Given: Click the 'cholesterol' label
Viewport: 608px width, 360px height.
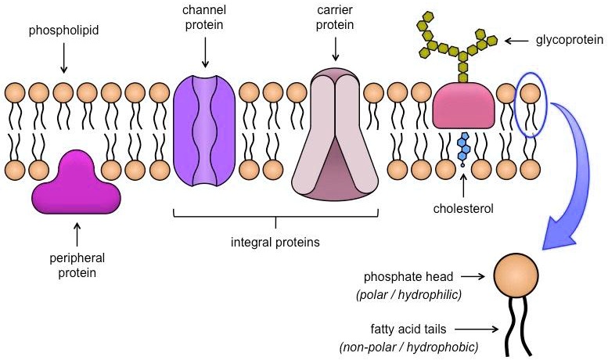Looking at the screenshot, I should pyautogui.click(x=463, y=209).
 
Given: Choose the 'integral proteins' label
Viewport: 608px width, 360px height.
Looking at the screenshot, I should pyautogui.click(x=276, y=242).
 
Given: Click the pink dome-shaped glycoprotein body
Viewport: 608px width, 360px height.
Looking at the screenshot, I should pyautogui.click(x=463, y=106).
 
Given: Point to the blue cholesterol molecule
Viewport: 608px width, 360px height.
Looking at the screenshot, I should pyautogui.click(x=464, y=148).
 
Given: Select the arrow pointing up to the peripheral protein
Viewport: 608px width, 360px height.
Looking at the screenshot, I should pyautogui.click(x=76, y=232).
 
